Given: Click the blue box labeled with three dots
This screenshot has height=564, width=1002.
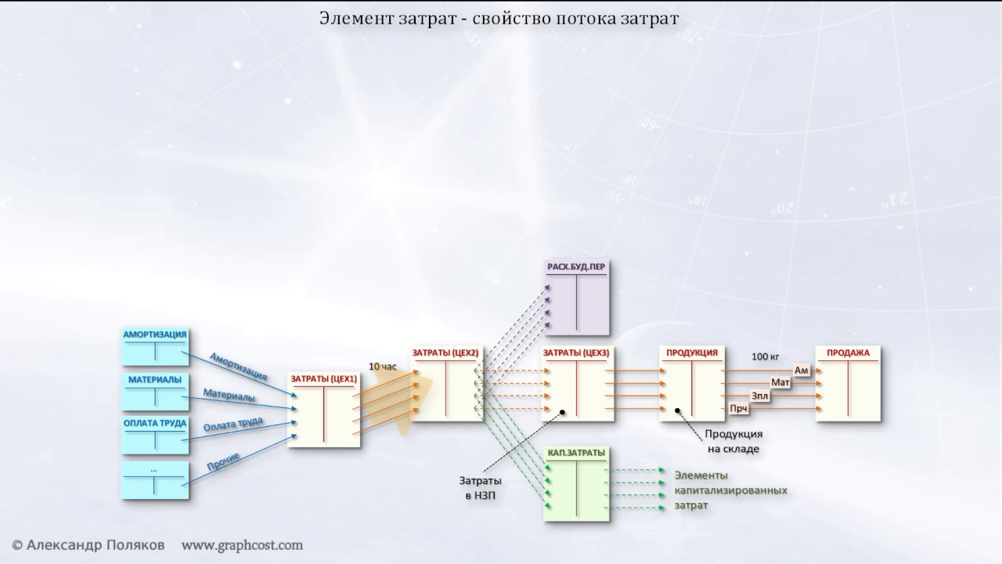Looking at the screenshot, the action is coord(155,480).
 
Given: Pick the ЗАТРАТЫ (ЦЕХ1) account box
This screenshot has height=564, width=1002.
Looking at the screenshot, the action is coord(324,409).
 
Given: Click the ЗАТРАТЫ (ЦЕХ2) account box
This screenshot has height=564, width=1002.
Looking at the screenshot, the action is coord(445,384).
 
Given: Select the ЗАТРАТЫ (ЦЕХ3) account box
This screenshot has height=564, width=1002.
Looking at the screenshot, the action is coord(577,384).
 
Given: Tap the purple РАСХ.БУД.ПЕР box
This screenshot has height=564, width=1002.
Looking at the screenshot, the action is coord(577,295).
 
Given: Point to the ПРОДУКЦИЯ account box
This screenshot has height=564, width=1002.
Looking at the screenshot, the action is coord(692,384).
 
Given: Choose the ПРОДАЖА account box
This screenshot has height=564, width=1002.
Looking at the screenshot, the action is coord(849,384).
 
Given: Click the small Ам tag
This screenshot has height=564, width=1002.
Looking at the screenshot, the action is coord(802,370).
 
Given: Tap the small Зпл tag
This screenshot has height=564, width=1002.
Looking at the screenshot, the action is coord(759,396).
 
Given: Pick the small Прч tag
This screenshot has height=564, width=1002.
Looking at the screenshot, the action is coord(737,408).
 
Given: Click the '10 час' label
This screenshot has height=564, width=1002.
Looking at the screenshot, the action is coord(383,366).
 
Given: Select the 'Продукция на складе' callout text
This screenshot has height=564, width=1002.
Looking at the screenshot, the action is coord(733,441).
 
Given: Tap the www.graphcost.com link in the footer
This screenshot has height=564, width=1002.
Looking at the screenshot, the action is coord(242,544).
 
